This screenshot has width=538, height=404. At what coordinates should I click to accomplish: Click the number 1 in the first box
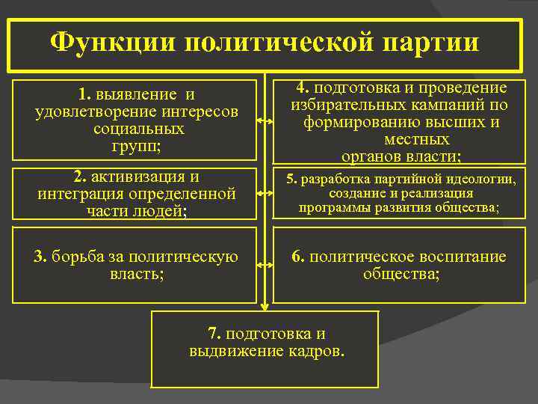pos(83,95)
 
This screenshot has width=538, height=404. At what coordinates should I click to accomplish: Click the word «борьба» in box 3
pos(82,257)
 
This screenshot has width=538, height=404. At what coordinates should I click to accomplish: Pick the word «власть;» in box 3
pos(136,274)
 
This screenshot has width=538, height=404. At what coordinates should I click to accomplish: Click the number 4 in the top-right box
pos(300,88)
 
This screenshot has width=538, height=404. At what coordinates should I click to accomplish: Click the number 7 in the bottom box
pos(211,334)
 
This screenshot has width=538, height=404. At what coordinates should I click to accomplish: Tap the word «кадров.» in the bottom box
pos(316,351)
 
